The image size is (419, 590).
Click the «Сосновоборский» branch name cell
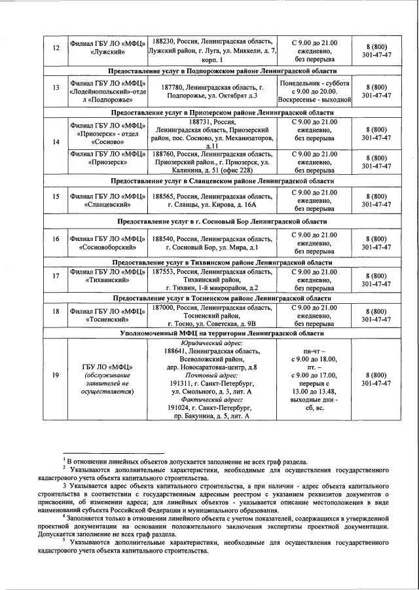[109, 242]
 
